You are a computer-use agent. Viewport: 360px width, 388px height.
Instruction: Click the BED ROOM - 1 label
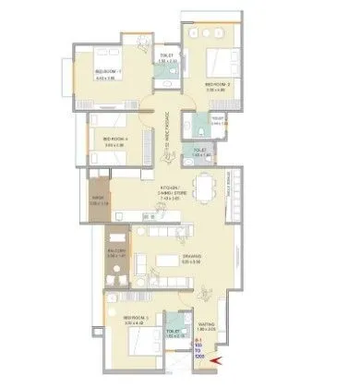tap(109, 75)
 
